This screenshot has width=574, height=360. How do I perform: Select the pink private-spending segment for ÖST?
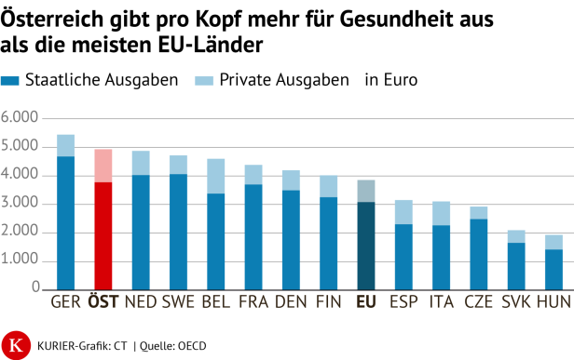103,166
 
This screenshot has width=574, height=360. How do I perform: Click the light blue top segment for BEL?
216,176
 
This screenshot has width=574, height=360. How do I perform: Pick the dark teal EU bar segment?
366,245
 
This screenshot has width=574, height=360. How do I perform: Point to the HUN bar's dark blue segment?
553,268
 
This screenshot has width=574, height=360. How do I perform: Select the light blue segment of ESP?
403,212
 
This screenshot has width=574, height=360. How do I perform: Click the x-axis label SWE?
178,301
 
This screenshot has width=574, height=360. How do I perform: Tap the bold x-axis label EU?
366,301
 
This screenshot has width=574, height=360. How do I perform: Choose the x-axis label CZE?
478,301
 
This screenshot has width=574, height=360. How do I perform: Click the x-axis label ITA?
441,301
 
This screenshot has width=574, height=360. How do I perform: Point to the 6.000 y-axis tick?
20,118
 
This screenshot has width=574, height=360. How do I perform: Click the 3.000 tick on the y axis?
20,204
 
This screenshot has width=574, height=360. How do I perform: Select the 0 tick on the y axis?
34,288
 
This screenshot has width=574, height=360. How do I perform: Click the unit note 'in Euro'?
391,80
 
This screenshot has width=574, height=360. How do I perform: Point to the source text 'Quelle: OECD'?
173,346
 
